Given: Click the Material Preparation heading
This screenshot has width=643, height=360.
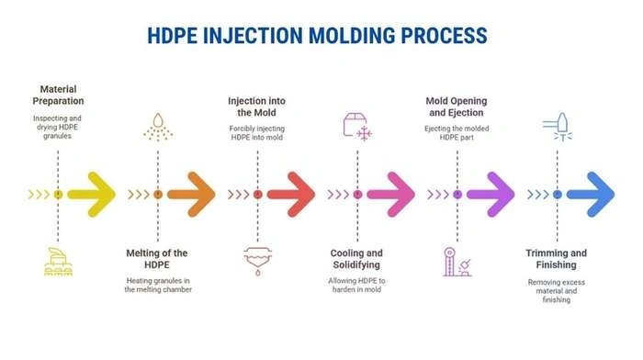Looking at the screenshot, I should tap(58, 95).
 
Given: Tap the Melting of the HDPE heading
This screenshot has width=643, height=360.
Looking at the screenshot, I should tap(157, 259).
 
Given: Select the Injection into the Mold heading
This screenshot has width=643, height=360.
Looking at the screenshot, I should tap(257, 106).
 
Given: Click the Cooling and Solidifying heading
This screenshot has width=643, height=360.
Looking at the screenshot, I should tap(356, 259).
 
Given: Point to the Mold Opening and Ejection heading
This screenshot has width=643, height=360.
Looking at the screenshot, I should tap(457, 106).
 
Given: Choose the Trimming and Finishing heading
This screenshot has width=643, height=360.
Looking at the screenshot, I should tap(557, 259).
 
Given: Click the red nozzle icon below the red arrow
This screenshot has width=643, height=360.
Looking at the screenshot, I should tap(257, 261).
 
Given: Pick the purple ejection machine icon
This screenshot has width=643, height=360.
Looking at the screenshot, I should tap(457, 261).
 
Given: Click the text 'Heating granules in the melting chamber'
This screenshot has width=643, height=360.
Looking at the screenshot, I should tap(157, 285).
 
